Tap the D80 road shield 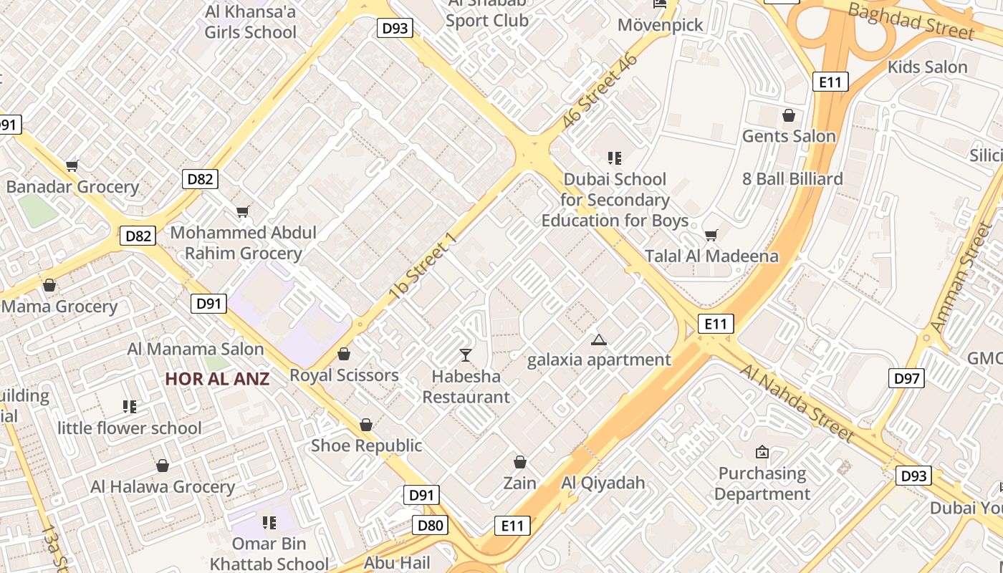pyautogui.click(x=431, y=526)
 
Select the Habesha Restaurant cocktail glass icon pyautogui.click(x=466, y=355)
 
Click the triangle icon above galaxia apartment pyautogui.click(x=599, y=340)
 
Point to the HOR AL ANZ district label pyautogui.click(x=217, y=379)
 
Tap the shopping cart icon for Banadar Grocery pyautogui.click(x=72, y=166)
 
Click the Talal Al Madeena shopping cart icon pyautogui.click(x=711, y=235)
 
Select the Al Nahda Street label pyautogui.click(x=797, y=403)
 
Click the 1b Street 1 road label pyautogui.click(x=422, y=266)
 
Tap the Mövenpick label pyautogui.click(x=661, y=25)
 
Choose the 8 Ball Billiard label pyautogui.click(x=792, y=178)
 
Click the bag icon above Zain pyautogui.click(x=520, y=463)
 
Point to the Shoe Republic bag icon pyautogui.click(x=366, y=425)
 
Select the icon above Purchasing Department pyautogui.click(x=762, y=452)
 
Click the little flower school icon pyautogui.click(x=130, y=407)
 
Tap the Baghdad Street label pyautogui.click(x=911, y=21)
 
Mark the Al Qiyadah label pyautogui.click(x=603, y=483)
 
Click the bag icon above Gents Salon pyautogui.click(x=789, y=115)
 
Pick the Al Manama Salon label pyautogui.click(x=196, y=350)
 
